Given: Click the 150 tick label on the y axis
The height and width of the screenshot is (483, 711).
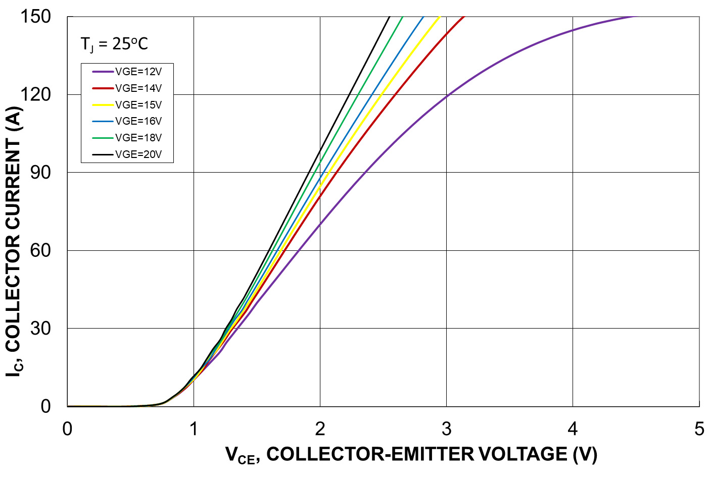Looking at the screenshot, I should pyautogui.click(x=35, y=17).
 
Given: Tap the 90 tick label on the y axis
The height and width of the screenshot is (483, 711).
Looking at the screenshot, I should pyautogui.click(x=40, y=173).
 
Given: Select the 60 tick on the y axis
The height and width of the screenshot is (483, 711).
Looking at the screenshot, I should pyautogui.click(x=40, y=250).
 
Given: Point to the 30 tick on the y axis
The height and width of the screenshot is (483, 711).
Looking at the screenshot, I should pyautogui.click(x=40, y=329).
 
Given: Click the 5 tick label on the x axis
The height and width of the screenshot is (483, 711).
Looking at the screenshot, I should pyautogui.click(x=699, y=429).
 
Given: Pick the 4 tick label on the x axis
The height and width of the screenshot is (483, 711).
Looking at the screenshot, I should pyautogui.click(x=573, y=429).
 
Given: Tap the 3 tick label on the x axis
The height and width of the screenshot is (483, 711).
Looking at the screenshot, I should pyautogui.click(x=446, y=429).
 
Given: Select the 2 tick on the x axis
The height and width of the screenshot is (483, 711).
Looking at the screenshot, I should pyautogui.click(x=320, y=429).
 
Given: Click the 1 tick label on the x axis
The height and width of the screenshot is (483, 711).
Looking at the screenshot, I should pyautogui.click(x=194, y=429).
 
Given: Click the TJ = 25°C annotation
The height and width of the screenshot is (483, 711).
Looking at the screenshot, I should pyautogui.click(x=114, y=44).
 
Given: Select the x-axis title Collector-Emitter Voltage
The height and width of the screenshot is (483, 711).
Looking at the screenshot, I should pyautogui.click(x=411, y=455).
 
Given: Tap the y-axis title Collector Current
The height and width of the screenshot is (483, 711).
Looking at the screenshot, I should pyautogui.click(x=14, y=241).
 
